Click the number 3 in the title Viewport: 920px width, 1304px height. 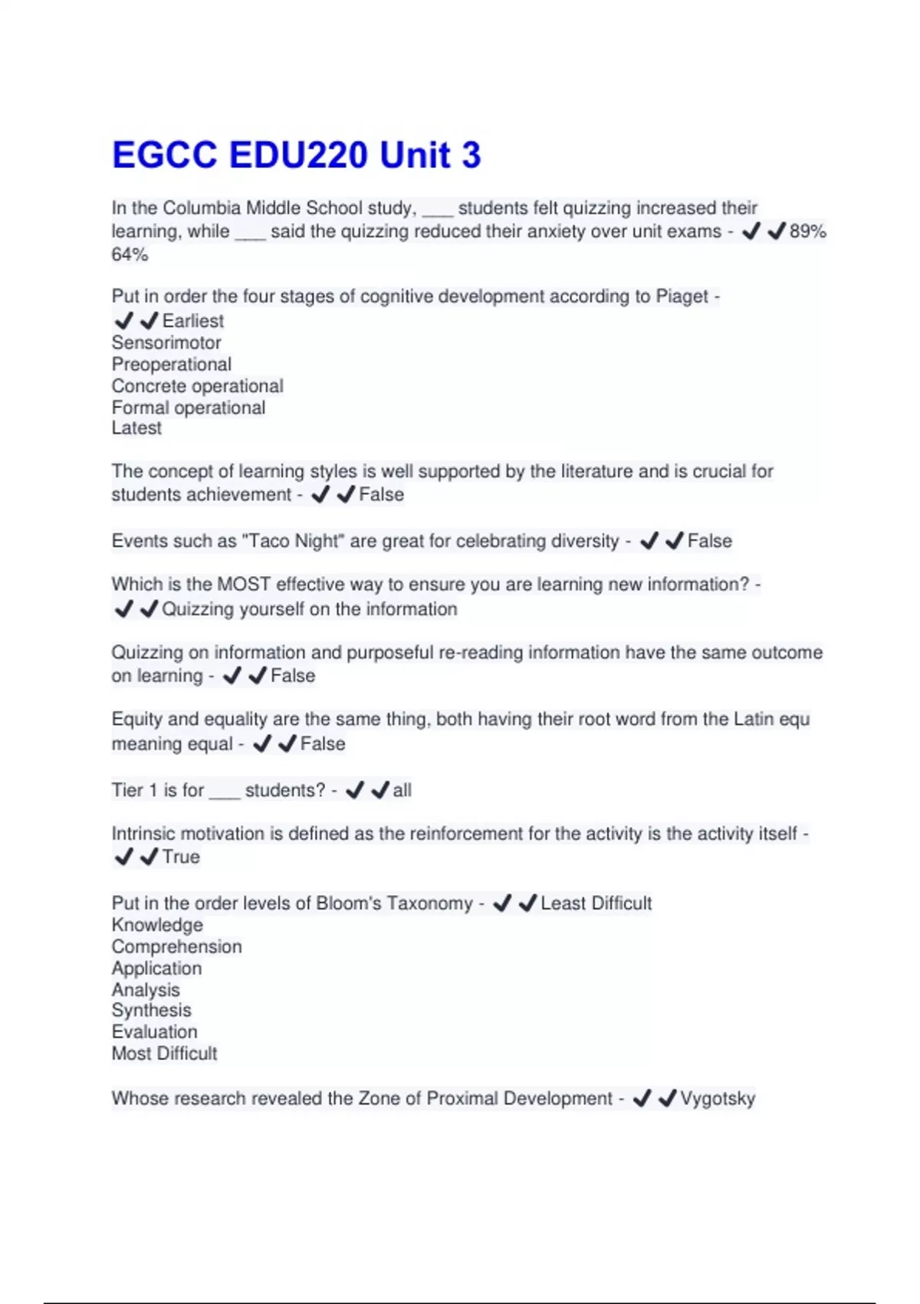471,155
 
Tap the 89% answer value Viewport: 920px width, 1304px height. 807,232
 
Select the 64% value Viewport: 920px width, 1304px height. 130,255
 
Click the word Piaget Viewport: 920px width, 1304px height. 682,297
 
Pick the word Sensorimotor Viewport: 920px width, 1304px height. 166,343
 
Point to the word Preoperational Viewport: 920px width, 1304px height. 172,364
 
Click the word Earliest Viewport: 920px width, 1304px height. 193,321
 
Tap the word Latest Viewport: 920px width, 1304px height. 136,428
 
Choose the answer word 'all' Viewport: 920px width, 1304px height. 402,791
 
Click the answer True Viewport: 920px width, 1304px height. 181,858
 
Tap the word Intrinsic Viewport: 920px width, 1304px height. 143,834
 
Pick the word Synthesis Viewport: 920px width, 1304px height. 152,1011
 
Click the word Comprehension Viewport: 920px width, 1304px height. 177,947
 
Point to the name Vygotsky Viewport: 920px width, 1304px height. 718,1099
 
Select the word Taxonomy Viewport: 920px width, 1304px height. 429,904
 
